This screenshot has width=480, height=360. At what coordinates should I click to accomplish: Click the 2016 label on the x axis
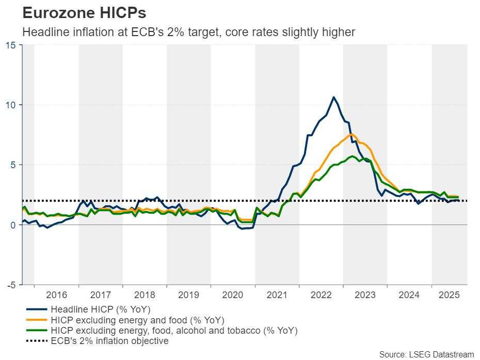click(x=56, y=295)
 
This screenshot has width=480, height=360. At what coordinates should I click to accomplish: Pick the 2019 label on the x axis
click(x=188, y=295)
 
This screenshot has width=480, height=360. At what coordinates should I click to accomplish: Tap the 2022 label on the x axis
click(x=321, y=295)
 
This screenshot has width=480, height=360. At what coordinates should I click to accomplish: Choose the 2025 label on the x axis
click(x=449, y=295)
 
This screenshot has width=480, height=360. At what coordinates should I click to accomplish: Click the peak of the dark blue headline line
click(x=333, y=97)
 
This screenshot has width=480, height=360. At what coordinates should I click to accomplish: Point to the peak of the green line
click(x=352, y=156)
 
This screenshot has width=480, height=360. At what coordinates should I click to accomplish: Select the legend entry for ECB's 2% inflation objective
click(x=109, y=341)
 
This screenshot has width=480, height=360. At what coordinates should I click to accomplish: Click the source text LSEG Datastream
click(x=426, y=354)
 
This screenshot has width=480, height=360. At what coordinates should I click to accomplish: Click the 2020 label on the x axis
click(x=233, y=295)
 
